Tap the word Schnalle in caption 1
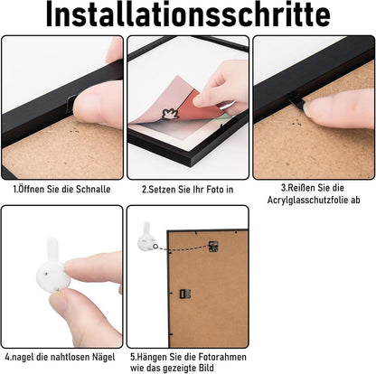pos(93,189)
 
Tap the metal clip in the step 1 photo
pos(72,103)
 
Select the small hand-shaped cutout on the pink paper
pos(170,114)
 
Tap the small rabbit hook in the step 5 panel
pos(147,238)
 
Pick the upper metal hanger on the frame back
pos(213,247)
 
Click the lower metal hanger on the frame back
pos(185,294)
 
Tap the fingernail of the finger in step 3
pos(310,110)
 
